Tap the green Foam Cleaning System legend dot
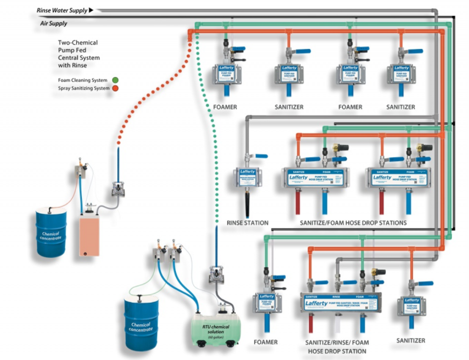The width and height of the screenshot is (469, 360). [115, 80]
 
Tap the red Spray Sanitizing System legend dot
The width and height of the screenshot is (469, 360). [115, 89]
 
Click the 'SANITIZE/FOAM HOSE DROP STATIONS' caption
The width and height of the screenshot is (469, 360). [353, 223]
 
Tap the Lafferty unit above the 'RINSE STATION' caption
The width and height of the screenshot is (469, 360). [247, 180]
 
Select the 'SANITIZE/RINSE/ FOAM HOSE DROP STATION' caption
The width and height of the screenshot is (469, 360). [337, 347]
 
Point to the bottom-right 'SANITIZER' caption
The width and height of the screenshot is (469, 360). [410, 340]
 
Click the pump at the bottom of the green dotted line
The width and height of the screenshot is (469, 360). [216, 275]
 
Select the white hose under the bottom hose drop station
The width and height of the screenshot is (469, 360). [336, 325]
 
